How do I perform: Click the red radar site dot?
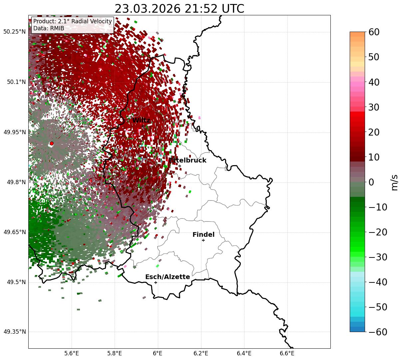52,144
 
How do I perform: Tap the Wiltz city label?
141,121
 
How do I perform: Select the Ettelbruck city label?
188,161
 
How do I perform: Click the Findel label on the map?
203,235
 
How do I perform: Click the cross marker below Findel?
203,240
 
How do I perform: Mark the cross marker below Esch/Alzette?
156,282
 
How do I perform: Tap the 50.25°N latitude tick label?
14,32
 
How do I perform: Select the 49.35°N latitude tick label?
14,332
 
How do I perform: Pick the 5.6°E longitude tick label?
72,353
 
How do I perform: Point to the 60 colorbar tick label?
374,32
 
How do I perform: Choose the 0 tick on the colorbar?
371,182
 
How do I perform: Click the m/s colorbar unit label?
395,182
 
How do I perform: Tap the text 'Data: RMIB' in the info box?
49,28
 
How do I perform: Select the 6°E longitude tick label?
158,353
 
